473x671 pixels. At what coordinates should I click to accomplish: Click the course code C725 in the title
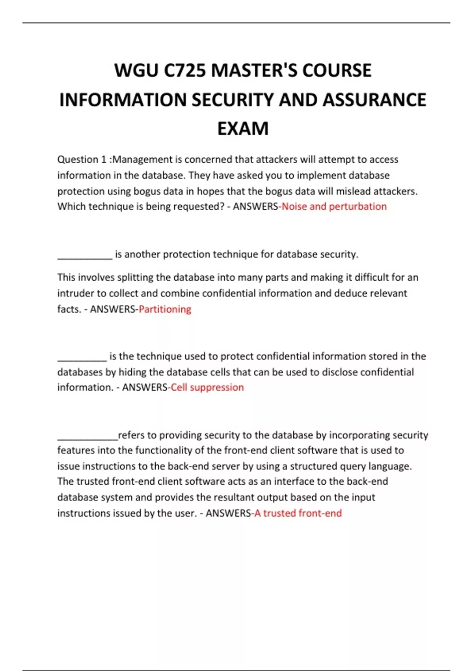(x=185, y=71)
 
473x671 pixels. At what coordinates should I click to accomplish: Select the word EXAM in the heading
(x=243, y=129)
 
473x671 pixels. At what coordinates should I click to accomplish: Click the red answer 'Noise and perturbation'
(x=334, y=206)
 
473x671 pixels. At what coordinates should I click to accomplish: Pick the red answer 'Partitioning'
(x=165, y=309)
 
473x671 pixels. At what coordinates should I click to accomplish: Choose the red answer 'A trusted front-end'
(x=298, y=513)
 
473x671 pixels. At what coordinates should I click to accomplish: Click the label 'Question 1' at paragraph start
(x=82, y=159)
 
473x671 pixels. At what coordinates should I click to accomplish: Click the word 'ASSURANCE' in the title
(x=374, y=100)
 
